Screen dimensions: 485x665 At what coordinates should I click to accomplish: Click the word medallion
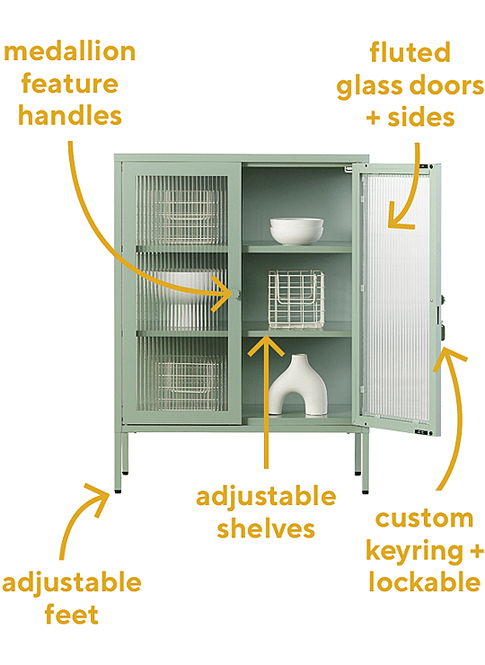coord(69,52)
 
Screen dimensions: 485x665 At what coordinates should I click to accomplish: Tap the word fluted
coord(410,53)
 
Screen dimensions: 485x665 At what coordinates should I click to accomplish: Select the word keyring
coord(414,552)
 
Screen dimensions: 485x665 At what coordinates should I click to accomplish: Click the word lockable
coord(425,581)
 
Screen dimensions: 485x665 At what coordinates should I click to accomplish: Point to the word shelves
coord(266,528)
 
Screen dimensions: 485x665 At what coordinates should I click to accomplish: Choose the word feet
coord(72,614)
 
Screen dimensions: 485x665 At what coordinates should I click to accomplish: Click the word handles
coord(70,115)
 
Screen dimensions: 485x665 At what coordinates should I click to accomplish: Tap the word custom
coord(424,519)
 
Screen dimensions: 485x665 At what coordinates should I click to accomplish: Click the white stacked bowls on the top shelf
coord(296,231)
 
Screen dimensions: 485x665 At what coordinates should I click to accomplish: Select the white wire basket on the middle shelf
coord(296,299)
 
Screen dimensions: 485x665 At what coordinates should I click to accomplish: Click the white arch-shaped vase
coord(298,385)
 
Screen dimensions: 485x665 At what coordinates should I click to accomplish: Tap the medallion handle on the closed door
coord(235,294)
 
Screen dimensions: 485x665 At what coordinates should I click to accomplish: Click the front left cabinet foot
coord(118,492)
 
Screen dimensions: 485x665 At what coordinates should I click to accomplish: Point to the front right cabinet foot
coord(365,492)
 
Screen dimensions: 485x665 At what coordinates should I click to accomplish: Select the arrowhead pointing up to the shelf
coord(266,344)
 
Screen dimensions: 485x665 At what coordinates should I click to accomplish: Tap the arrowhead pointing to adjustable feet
coord(99,497)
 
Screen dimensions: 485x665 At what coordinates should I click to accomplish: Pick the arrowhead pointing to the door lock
coord(447,359)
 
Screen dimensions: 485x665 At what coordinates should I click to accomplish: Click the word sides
coord(421,117)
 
